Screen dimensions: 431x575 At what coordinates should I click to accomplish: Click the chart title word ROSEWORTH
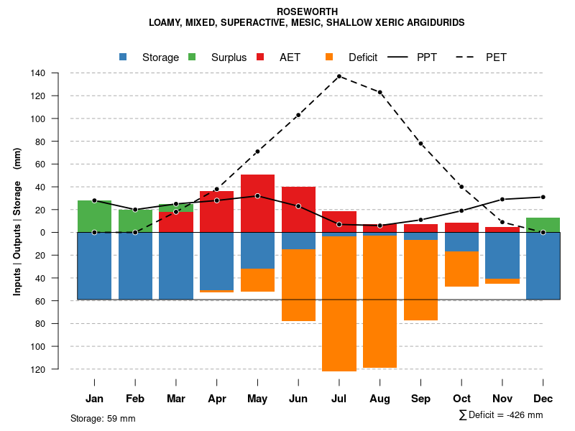306,11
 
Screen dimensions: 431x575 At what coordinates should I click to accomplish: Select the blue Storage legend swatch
123,57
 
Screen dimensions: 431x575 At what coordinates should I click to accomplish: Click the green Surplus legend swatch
192,57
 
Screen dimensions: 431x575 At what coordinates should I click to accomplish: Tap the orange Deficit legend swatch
329,57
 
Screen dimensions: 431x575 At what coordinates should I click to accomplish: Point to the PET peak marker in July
339,76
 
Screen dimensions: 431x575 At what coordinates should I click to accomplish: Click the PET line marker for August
380,92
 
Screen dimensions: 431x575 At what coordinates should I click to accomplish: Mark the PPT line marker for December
543,197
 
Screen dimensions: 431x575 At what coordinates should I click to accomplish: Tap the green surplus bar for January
94,216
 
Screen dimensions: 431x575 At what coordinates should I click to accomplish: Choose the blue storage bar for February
135,266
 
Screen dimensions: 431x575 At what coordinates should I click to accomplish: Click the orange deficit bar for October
461,269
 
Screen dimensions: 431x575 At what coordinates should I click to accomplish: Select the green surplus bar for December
543,225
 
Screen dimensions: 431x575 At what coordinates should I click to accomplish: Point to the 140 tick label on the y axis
59,73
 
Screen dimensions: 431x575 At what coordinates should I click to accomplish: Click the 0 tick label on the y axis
63,233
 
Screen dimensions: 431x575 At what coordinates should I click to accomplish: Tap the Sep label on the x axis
421,399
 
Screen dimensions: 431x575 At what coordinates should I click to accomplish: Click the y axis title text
17,221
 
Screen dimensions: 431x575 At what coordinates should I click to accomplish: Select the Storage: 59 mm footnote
103,418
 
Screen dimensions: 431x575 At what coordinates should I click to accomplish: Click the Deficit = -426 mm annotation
501,415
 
